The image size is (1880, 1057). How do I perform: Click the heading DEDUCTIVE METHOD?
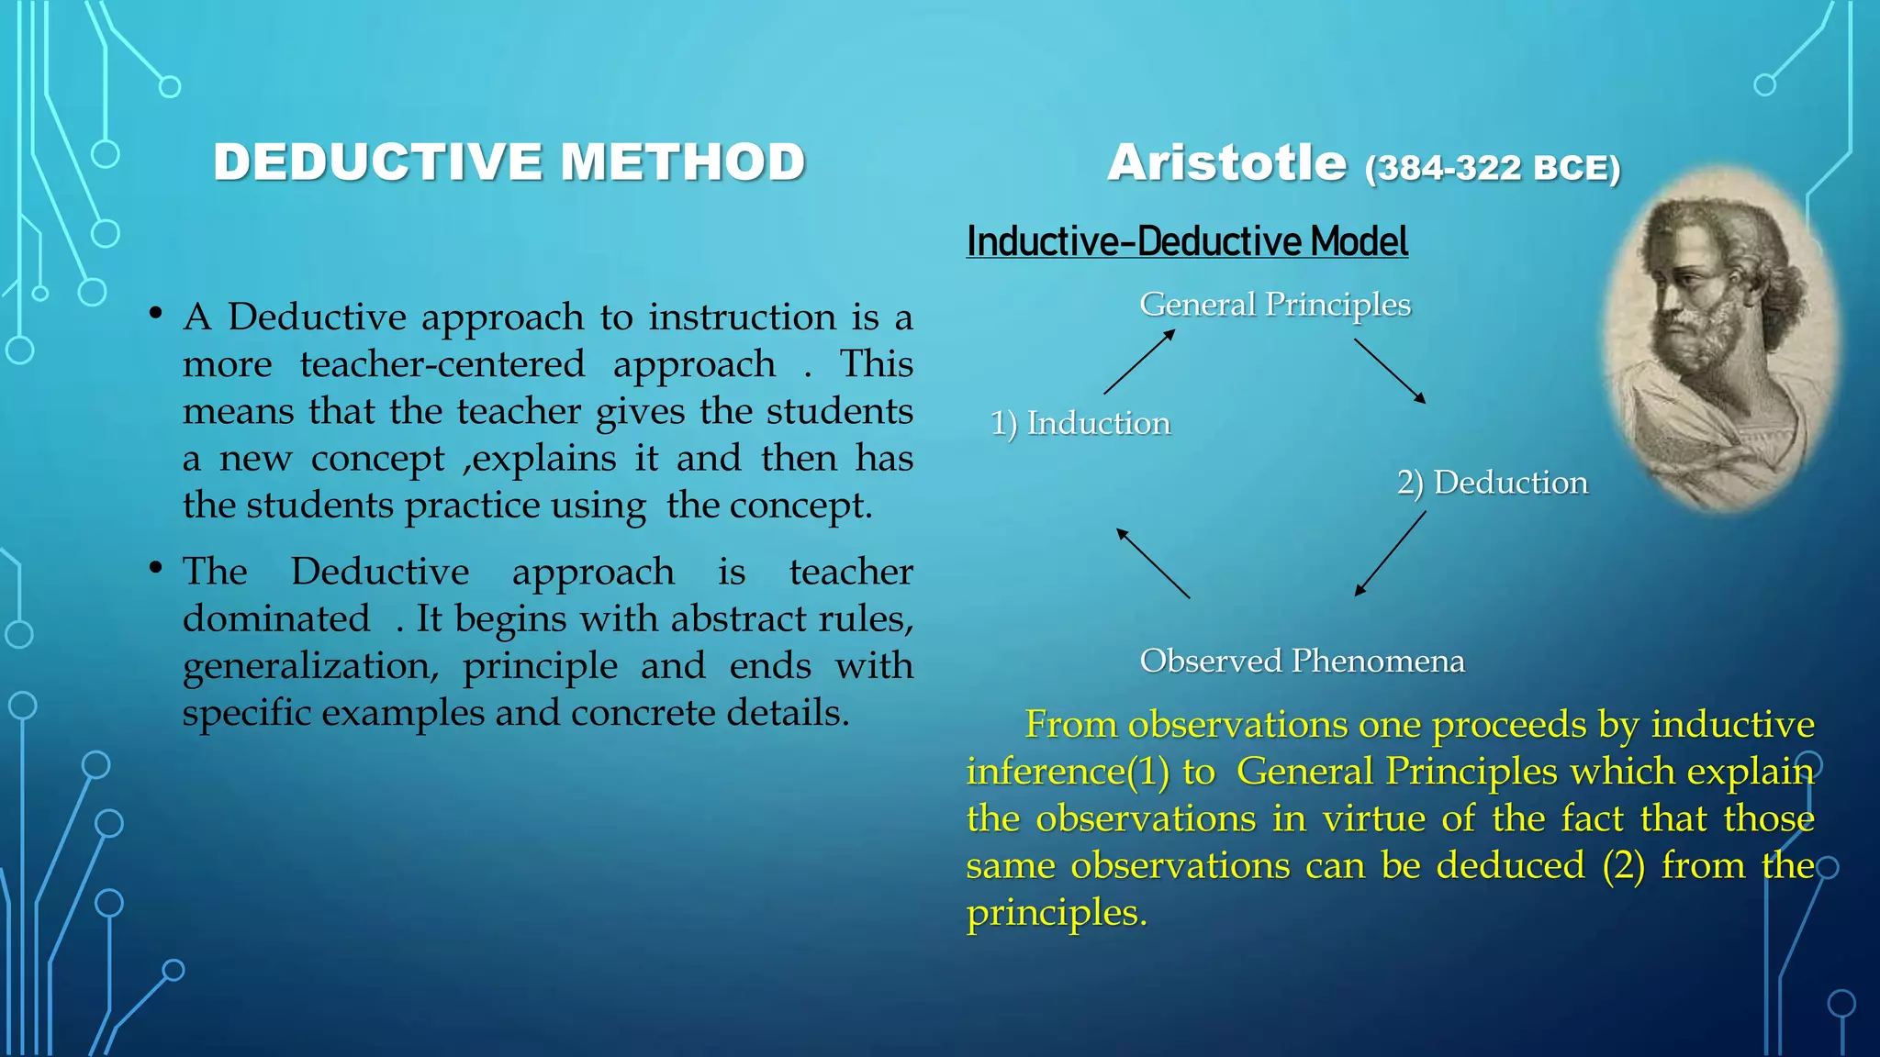click(x=509, y=162)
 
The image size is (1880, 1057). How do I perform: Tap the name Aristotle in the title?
click(x=1227, y=163)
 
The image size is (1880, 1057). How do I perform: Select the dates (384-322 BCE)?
click(x=1493, y=168)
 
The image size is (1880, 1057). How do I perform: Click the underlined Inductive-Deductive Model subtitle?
click(x=1187, y=241)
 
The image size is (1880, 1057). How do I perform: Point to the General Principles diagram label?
click(x=1275, y=304)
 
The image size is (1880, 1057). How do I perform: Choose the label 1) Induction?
click(x=1080, y=423)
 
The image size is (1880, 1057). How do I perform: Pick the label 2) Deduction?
click(x=1492, y=483)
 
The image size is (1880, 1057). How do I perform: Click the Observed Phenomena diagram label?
click(x=1302, y=661)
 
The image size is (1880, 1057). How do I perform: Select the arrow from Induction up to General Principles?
click(x=1139, y=362)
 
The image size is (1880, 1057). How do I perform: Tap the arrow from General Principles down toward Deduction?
click(x=1390, y=372)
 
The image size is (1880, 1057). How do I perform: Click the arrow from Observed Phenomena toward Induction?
click(x=1153, y=563)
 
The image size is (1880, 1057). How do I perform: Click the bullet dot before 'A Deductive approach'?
click(x=156, y=315)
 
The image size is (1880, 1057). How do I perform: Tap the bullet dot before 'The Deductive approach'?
click(x=156, y=569)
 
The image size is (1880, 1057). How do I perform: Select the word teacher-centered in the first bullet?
click(x=442, y=364)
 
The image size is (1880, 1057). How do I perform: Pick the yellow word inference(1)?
click(x=1069, y=772)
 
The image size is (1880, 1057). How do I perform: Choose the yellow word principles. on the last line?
click(x=1057, y=913)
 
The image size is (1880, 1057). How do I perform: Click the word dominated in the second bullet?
click(x=276, y=618)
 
